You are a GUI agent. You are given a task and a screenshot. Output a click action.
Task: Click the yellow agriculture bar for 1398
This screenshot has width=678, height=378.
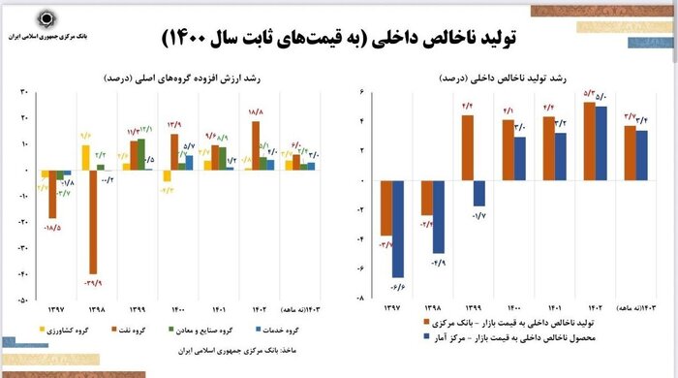(x=86, y=158)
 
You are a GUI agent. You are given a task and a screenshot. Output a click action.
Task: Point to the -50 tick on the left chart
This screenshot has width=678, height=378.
(x=26, y=299)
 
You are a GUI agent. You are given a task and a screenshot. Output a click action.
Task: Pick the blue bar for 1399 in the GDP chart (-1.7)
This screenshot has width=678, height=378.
(x=479, y=193)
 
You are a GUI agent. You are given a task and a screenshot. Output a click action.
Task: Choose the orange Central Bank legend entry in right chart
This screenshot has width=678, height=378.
(x=548, y=321)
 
